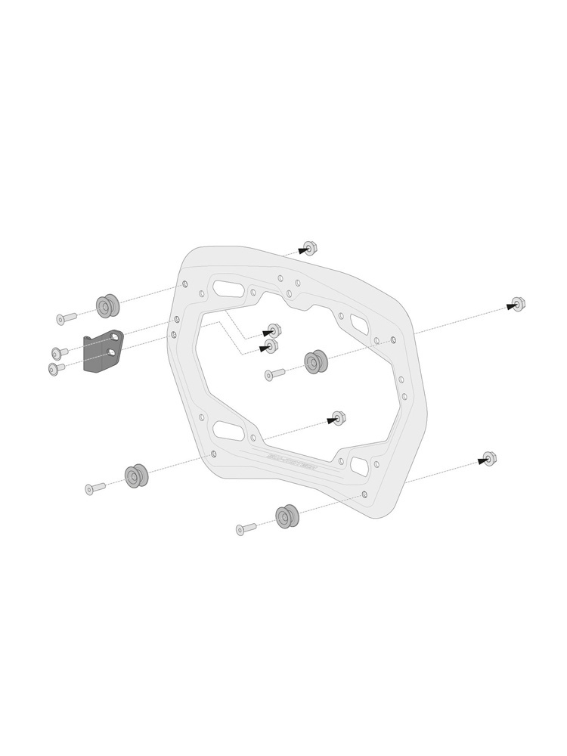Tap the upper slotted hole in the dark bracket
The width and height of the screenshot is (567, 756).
coord(114,336)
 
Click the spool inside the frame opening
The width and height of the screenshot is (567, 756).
coord(314,361)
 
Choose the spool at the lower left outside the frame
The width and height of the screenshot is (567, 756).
coord(136,476)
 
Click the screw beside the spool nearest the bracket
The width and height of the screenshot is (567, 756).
coord(65,318)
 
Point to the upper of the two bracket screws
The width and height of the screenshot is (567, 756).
coord(59,352)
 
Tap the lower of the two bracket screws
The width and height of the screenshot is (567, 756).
coord(55,368)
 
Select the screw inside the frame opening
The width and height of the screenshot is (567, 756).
coord(273,373)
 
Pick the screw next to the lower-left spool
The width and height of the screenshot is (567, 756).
coord(94,488)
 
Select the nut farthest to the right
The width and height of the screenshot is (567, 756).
coord(518,304)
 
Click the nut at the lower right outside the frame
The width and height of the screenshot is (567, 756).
coord(489,458)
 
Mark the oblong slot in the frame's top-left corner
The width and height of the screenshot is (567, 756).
coord(228,288)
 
